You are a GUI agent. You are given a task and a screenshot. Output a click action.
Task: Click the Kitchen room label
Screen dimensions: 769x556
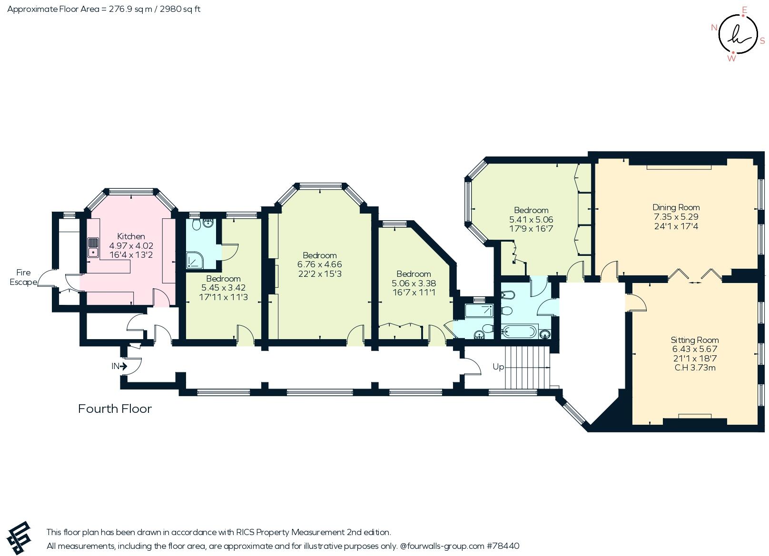point(131,236)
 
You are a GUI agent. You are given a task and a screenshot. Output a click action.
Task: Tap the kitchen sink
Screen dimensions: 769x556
point(93,248)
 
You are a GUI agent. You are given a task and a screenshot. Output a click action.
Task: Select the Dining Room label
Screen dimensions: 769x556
point(676,207)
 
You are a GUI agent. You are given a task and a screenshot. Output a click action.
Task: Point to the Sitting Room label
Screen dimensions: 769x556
point(694,340)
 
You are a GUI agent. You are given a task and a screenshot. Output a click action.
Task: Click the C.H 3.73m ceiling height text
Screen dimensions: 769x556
point(695,368)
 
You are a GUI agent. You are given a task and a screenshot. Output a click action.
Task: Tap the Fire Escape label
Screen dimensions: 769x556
point(23,277)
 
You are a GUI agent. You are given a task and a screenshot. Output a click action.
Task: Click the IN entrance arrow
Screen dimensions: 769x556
point(123,366)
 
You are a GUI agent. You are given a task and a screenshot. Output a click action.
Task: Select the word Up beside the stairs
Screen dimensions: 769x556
point(498,367)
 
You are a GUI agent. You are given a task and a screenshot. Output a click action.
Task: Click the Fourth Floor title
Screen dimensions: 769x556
point(115,409)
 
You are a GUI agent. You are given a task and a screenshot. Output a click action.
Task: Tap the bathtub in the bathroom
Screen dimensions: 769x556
point(519,332)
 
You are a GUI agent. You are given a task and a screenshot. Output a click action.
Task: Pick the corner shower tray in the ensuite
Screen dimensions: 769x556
point(195,261)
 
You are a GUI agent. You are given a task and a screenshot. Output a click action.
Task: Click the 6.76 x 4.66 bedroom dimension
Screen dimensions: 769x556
point(320,264)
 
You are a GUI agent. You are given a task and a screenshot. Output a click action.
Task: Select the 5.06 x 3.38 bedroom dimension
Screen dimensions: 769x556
point(414,283)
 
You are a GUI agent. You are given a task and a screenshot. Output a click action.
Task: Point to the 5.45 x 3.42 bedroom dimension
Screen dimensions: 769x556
point(223,288)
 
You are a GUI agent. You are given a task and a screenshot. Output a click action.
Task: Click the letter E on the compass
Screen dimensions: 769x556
point(744,10)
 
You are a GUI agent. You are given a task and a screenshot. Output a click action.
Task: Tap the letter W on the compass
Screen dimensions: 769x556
point(731,59)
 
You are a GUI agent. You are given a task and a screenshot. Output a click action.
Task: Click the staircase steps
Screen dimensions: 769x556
point(527,367)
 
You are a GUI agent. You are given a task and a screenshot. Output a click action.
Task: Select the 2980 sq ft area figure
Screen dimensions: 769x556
point(180,9)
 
